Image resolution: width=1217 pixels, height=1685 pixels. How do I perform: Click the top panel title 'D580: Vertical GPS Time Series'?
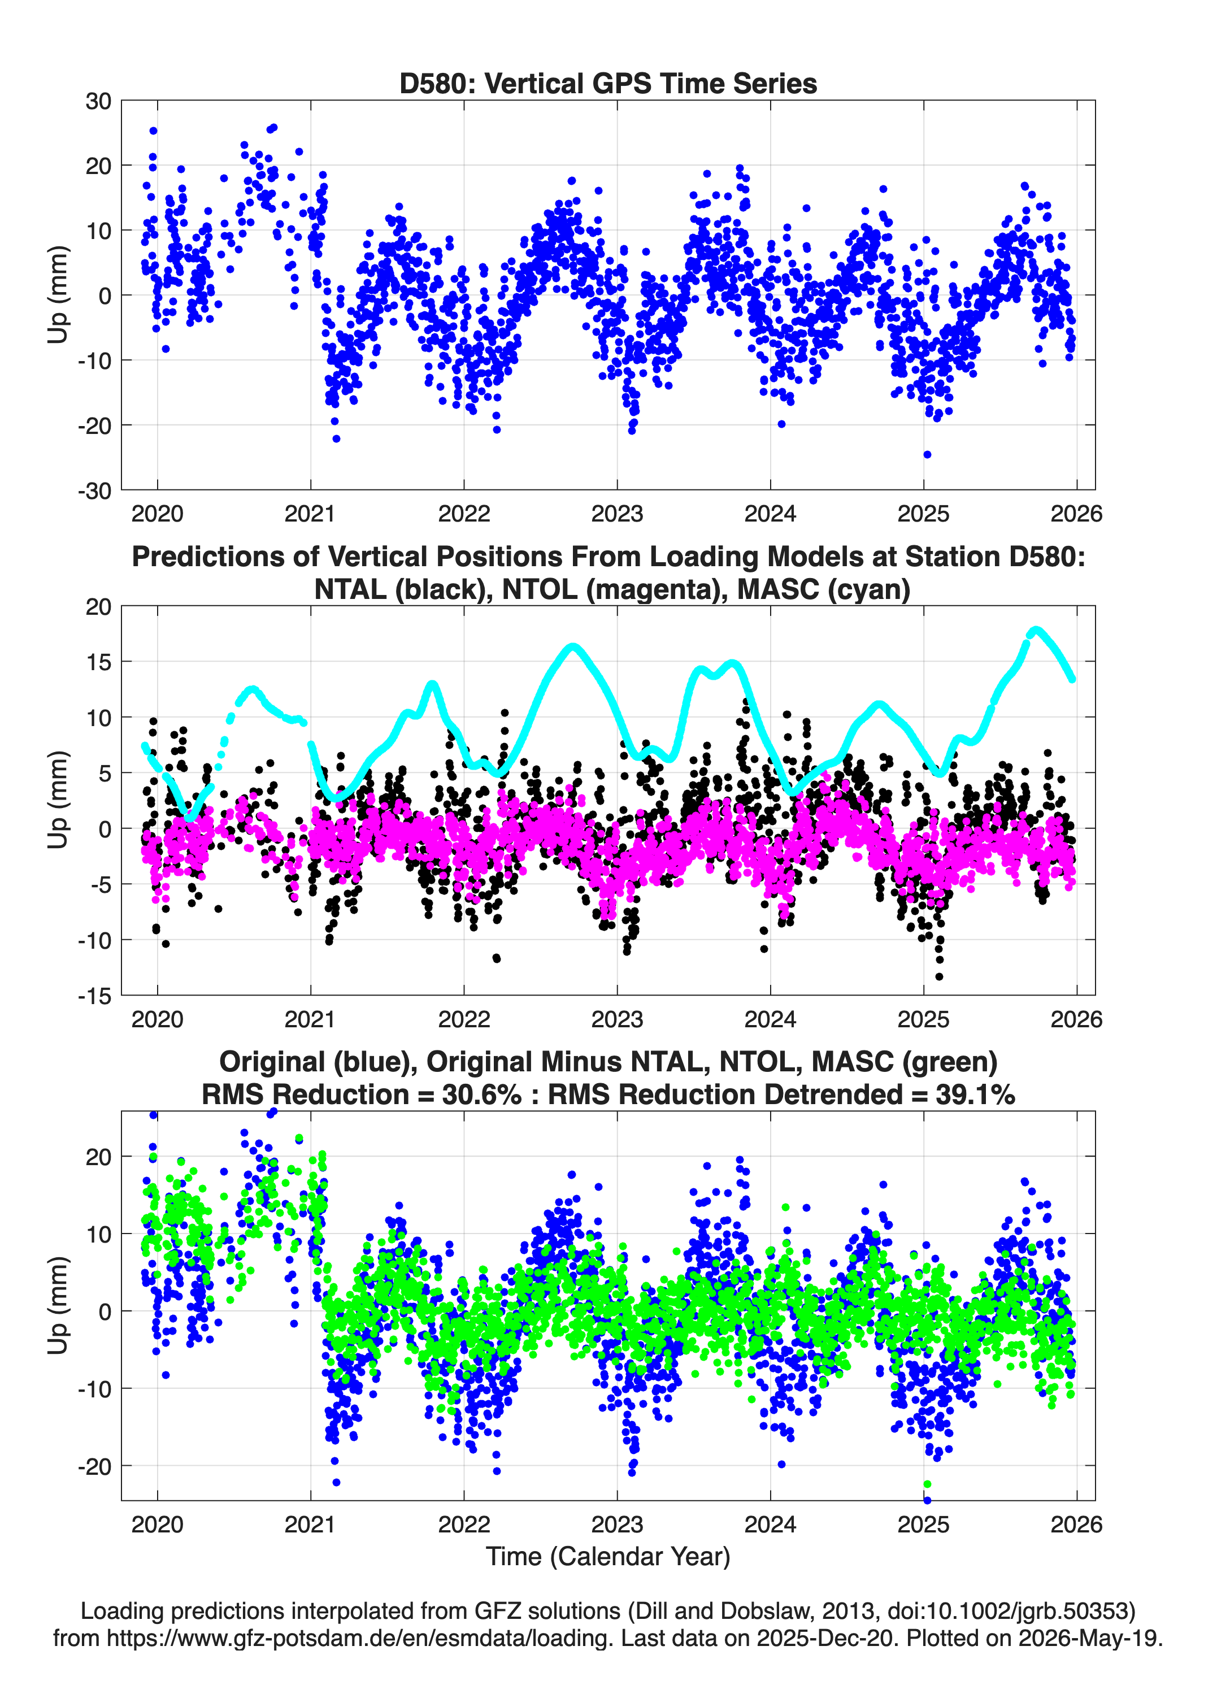pos(608,83)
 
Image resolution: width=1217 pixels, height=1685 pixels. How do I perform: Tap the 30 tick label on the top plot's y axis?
pos(98,101)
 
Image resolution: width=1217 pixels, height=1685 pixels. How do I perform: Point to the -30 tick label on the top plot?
pos(94,490)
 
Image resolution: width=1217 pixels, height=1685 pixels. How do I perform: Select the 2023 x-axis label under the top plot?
pos(616,514)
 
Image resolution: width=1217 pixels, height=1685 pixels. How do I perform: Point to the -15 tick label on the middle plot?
pos(94,996)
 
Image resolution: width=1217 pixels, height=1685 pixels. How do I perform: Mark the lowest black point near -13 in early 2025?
pos(939,977)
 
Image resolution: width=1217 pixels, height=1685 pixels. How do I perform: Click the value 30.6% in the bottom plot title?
pos(481,1095)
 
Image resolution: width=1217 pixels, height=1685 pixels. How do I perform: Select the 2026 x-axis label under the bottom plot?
pos(1076,1524)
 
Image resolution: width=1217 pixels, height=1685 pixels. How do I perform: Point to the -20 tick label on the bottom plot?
pos(94,1466)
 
